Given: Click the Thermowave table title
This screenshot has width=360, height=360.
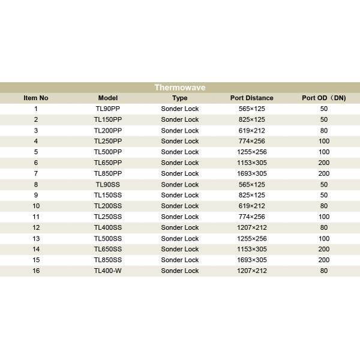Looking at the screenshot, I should pyautogui.click(x=179, y=88).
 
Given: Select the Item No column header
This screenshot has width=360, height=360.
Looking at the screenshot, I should pyautogui.click(x=36, y=98).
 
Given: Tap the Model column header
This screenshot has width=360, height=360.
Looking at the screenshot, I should pyautogui.click(x=108, y=98).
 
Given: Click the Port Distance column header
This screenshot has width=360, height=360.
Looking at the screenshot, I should pyautogui.click(x=251, y=98).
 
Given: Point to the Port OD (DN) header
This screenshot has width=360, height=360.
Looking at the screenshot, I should pyautogui.click(x=324, y=98).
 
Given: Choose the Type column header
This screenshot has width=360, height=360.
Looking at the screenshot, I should pyautogui.click(x=179, y=98).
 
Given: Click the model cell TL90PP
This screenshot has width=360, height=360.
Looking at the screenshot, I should pyautogui.click(x=108, y=109).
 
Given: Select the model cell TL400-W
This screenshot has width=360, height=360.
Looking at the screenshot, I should pyautogui.click(x=108, y=271).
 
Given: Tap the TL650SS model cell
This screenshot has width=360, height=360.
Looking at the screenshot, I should pyautogui.click(x=108, y=249).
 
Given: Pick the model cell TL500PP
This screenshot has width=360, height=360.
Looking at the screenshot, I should pyautogui.click(x=108, y=152).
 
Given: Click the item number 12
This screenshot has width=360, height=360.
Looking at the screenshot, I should pyautogui.click(x=36, y=227).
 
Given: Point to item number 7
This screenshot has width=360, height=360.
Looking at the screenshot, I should pyautogui.click(x=36, y=173).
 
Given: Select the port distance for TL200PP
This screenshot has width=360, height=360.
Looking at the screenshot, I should pyautogui.click(x=251, y=130).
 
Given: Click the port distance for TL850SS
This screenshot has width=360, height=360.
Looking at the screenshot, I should pyautogui.click(x=251, y=260).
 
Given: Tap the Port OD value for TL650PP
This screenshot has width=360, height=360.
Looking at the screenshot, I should pyautogui.click(x=324, y=163).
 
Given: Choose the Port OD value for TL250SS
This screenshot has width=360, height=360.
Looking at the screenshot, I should pyautogui.click(x=324, y=217).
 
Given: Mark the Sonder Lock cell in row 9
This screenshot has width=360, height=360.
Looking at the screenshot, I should pyautogui.click(x=179, y=195).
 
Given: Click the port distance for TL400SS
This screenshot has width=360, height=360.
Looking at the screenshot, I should pyautogui.click(x=251, y=227).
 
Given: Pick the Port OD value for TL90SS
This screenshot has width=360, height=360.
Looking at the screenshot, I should pyautogui.click(x=324, y=184).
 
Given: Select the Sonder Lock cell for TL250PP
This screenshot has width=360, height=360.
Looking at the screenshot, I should pyautogui.click(x=179, y=141).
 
